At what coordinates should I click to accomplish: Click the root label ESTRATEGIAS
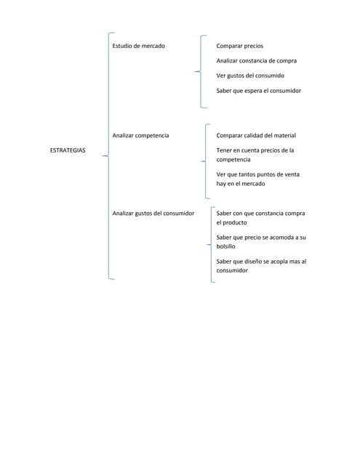click(67, 150)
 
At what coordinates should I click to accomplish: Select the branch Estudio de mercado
click(138, 46)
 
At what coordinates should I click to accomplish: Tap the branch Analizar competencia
click(141, 135)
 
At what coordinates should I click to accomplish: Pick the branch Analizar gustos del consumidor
click(153, 214)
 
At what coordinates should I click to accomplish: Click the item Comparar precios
click(239, 46)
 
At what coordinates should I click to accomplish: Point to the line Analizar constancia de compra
click(256, 60)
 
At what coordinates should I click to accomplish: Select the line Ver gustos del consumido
click(249, 76)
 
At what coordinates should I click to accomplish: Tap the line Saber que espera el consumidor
click(258, 91)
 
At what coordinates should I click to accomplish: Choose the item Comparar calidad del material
click(256, 135)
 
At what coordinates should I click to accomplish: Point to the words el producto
click(232, 222)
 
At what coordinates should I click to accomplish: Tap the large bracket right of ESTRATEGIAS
click(108, 155)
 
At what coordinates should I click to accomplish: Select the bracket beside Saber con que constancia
click(211, 244)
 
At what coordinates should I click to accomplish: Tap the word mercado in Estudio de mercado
click(153, 46)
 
